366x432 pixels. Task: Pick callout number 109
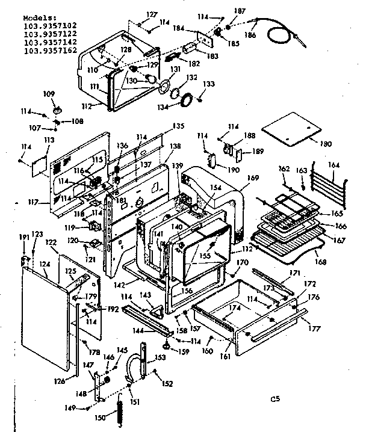tap(49, 93)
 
